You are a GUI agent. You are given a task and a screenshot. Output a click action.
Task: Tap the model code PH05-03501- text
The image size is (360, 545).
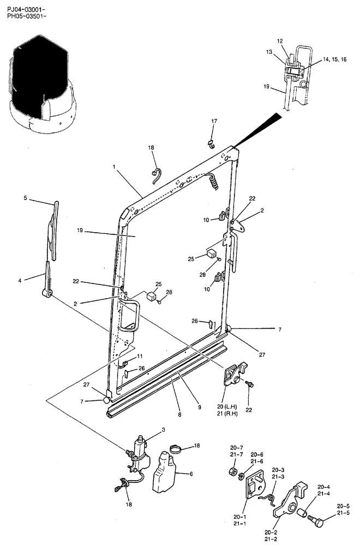[x=26, y=17]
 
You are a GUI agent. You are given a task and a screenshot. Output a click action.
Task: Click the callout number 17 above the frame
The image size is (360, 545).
[x=214, y=121]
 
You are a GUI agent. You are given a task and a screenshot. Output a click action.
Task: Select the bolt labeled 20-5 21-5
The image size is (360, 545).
[x=316, y=523]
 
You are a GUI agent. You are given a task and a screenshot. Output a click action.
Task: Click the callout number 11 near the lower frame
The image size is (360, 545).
[x=140, y=356]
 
